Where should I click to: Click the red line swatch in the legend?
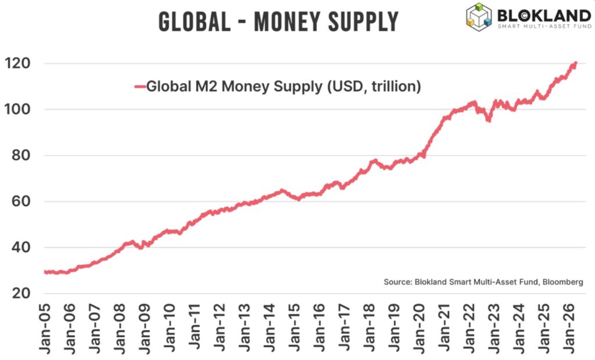click(x=139, y=87)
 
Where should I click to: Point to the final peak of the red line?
click(x=575, y=63)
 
